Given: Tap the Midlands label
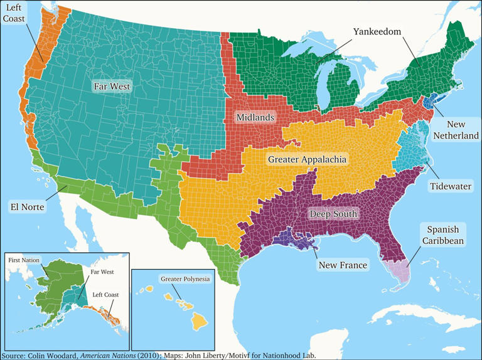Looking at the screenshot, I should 255,117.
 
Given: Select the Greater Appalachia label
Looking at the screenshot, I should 307,160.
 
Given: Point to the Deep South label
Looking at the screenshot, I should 333,214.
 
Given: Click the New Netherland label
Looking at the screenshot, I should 458,130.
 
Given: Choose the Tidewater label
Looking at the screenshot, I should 451,186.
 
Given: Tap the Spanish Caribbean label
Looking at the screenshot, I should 442,235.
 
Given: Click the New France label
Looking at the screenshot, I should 343,265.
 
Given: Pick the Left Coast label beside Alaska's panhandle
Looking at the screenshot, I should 105,294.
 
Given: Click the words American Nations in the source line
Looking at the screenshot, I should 106,355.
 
